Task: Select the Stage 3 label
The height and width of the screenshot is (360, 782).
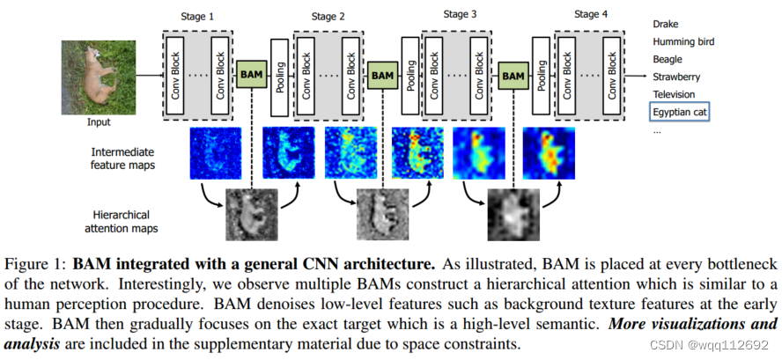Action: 461,14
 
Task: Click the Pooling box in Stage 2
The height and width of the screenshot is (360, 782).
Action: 279,76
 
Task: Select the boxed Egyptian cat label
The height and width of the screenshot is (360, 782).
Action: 680,112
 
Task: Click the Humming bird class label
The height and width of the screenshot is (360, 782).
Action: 682,41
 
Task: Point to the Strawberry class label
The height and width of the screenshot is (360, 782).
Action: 675,77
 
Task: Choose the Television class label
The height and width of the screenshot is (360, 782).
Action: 674,94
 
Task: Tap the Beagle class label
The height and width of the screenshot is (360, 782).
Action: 668,59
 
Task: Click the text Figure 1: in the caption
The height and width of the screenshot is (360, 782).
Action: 36,263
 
